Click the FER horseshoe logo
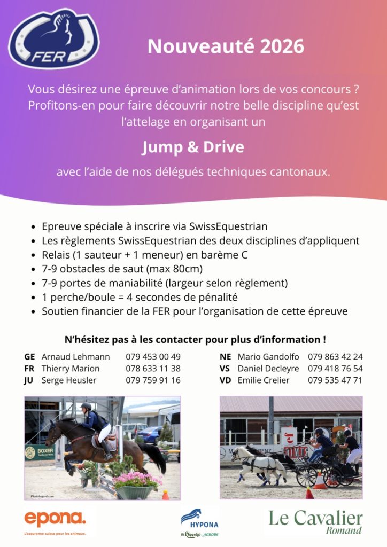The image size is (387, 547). (x=54, y=38)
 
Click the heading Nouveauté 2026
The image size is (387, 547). (x=226, y=46)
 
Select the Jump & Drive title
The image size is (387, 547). (x=193, y=147)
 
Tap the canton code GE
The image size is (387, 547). (x=29, y=356)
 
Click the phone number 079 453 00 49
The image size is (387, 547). (x=153, y=356)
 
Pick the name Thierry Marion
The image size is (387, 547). (x=70, y=369)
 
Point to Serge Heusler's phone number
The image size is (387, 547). (x=153, y=380)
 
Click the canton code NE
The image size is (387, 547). (x=225, y=356)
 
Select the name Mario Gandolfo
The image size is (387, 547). (x=268, y=356)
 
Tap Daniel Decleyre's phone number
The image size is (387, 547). (x=335, y=369)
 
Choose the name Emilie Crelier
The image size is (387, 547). (x=264, y=380)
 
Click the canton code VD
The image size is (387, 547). (x=225, y=380)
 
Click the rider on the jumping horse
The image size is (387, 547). (x=96, y=421)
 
